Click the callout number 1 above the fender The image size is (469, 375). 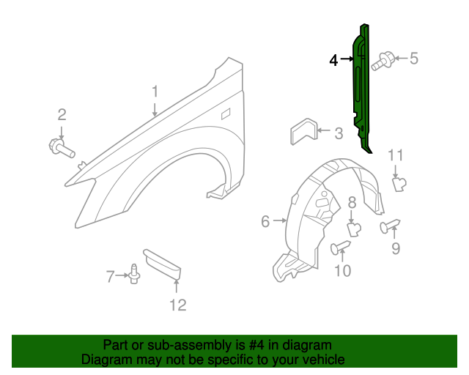[155, 92]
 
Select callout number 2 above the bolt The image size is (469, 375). [62, 114]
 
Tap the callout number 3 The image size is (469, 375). [338, 134]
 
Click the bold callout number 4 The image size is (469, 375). [333, 61]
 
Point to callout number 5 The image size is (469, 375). [413, 59]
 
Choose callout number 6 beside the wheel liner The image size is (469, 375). [265, 220]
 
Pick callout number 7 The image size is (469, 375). [110, 277]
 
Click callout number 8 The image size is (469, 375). [352, 203]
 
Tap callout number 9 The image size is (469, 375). [396, 249]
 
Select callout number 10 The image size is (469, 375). [342, 271]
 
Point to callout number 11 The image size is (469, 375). [396, 155]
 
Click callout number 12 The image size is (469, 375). [177, 305]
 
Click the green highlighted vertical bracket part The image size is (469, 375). [362, 88]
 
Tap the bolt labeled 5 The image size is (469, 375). [383, 62]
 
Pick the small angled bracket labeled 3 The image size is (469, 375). [300, 133]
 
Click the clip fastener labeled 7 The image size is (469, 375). [134, 274]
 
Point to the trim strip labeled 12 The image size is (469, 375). [161, 263]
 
